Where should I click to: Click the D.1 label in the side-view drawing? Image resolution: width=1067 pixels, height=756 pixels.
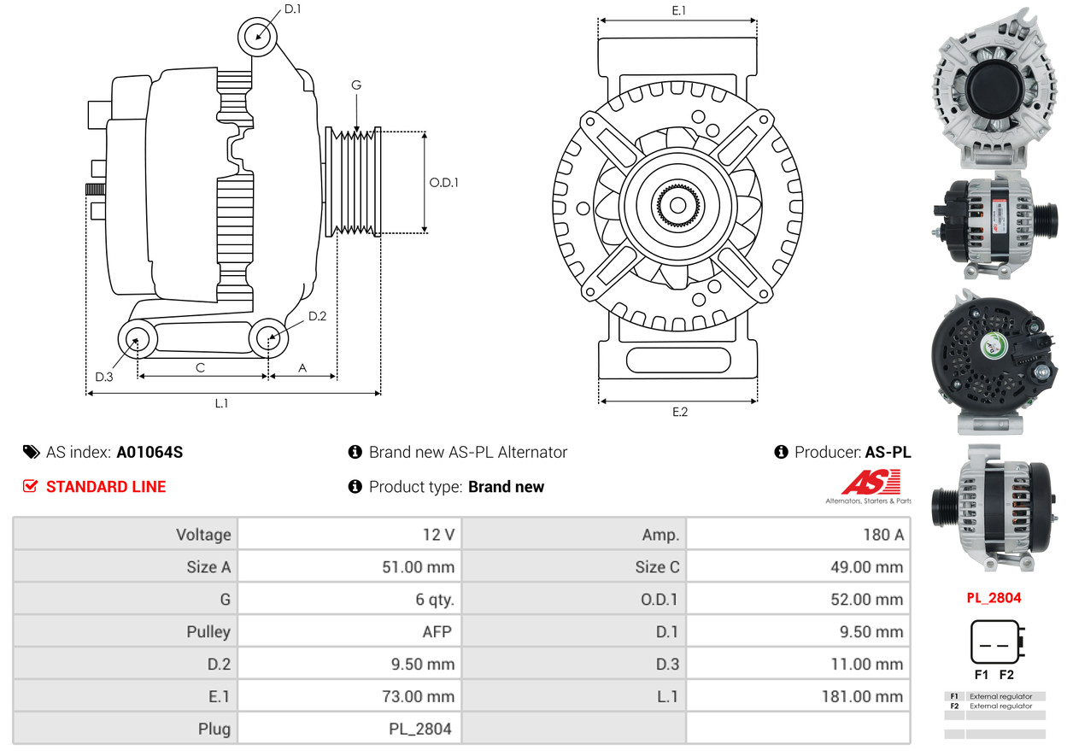tap(292, 9)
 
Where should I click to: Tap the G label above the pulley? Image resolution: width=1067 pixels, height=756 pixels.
tap(356, 85)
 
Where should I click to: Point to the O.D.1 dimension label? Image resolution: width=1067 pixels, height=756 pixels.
tap(443, 182)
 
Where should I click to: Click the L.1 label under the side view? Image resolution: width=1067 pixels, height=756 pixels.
tap(221, 403)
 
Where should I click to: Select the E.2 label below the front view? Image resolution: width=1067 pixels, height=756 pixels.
tap(679, 412)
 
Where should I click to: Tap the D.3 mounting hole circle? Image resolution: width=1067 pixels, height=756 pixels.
tap(136, 340)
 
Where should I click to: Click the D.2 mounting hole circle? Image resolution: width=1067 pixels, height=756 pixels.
tap(268, 338)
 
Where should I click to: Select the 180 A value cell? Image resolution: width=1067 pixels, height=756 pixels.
tap(883, 535)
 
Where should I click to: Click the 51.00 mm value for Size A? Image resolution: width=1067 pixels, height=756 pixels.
tap(418, 567)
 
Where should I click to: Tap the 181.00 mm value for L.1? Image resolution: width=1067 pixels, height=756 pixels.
tap(862, 697)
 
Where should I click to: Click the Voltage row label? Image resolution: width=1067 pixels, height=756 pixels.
tap(203, 535)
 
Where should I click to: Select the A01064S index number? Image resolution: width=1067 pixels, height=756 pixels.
tap(149, 453)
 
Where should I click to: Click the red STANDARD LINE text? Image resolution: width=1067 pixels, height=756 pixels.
tap(106, 487)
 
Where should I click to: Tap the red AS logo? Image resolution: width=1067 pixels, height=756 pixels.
tap(870, 483)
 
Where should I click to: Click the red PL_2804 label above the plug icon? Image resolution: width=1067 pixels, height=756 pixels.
tap(994, 598)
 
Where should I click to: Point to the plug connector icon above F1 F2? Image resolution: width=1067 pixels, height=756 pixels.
tap(996, 642)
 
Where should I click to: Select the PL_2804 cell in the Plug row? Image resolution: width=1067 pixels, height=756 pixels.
tap(418, 730)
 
